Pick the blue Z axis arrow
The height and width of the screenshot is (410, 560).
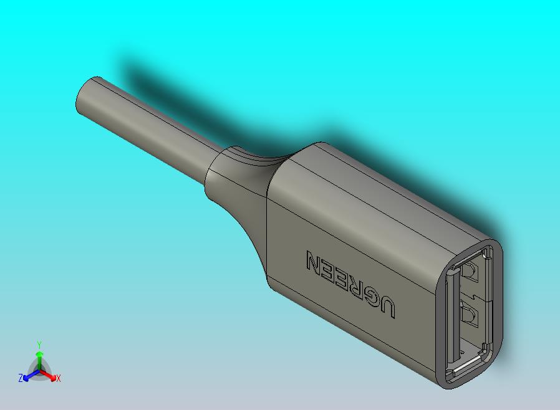29,376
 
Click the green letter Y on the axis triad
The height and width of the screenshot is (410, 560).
39,345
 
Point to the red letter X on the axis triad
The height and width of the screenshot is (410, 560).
58,378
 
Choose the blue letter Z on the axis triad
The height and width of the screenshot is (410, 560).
21,378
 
